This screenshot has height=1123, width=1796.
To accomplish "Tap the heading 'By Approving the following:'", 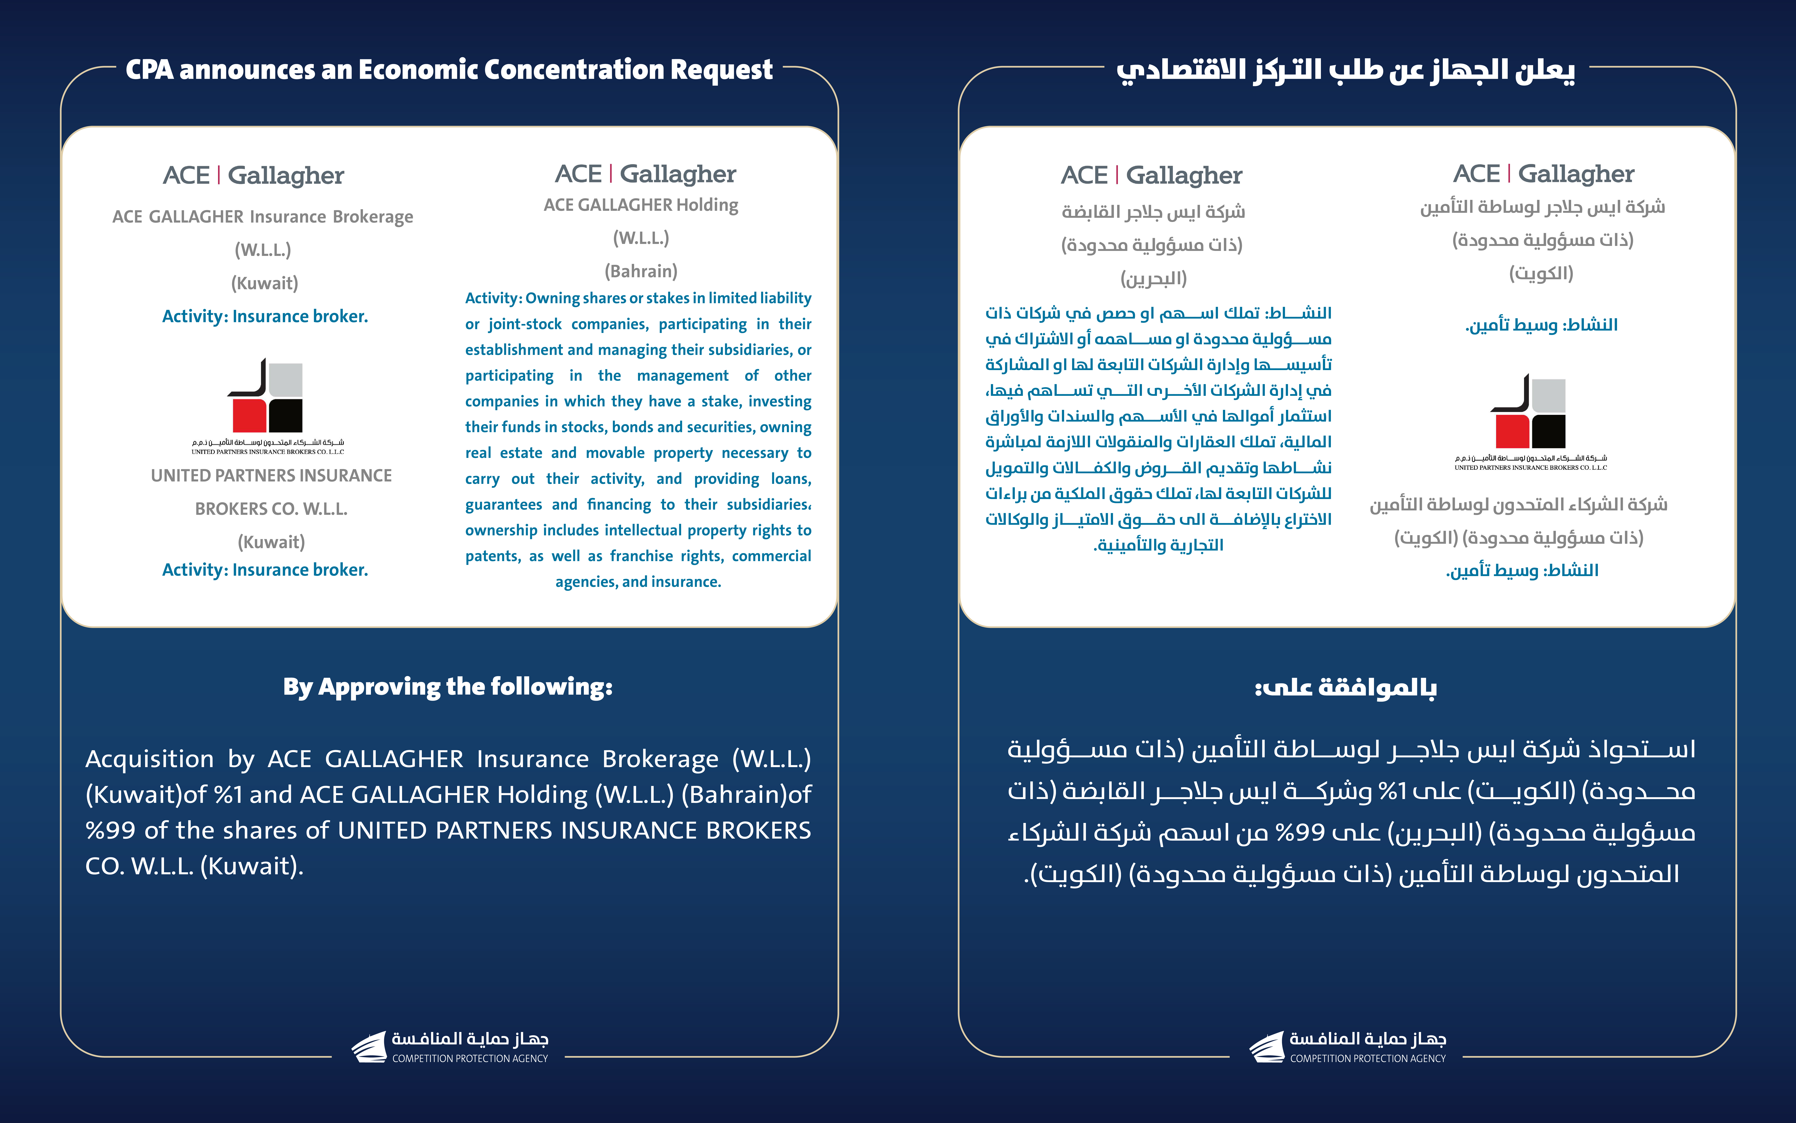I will pos(448,687).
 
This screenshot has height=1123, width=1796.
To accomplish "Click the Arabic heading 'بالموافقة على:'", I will pos(1345,688).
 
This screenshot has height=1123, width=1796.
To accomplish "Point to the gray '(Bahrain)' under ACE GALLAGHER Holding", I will pos(641,271).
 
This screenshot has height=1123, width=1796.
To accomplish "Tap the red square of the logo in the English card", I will pos(249,416).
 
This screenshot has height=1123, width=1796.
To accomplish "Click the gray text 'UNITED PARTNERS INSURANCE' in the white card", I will pos(271,475).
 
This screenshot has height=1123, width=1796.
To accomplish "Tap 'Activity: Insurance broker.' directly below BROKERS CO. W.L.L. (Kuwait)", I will pos(265,570).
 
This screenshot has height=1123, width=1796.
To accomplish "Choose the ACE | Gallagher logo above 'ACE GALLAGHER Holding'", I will pos(645,174).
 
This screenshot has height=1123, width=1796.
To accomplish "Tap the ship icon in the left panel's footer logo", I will pos(369,1047).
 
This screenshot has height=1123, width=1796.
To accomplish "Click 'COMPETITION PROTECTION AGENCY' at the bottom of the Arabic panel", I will pos(1368,1058).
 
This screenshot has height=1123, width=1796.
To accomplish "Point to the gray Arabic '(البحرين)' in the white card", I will pos(1153,278).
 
